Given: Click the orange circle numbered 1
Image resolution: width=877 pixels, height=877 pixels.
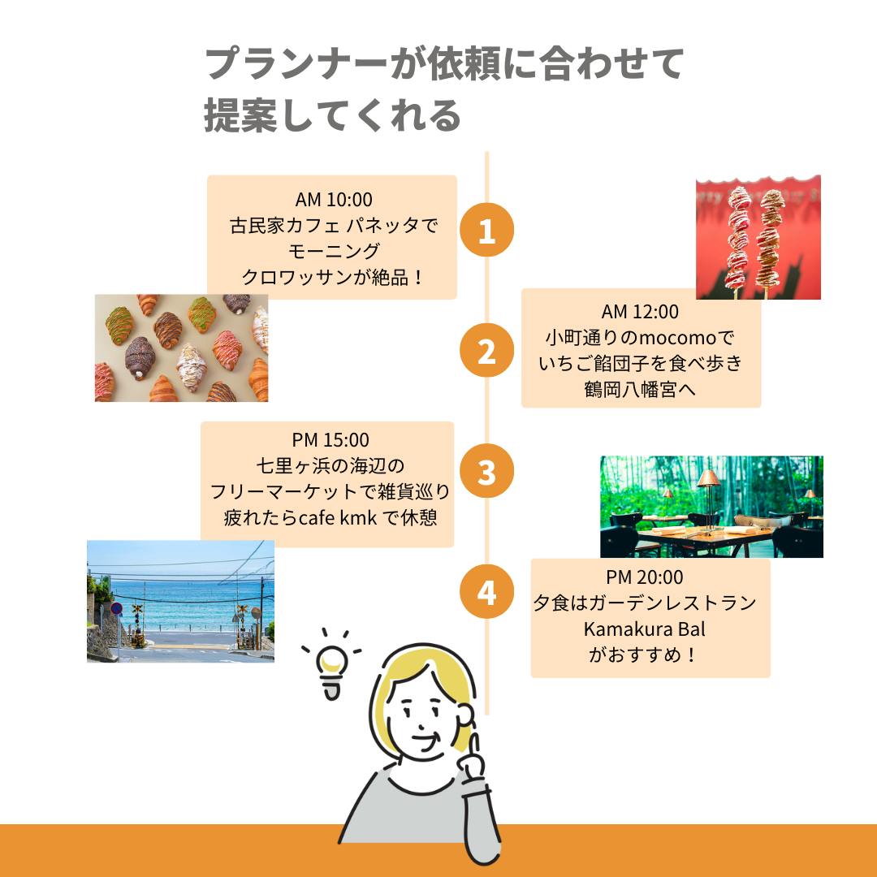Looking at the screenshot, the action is tap(486, 230).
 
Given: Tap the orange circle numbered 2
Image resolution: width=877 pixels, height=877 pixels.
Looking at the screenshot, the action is tap(486, 350).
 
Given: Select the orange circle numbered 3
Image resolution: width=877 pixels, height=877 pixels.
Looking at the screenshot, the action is tap(486, 471).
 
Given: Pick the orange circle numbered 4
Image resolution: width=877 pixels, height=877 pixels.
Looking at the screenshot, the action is tap(486, 592).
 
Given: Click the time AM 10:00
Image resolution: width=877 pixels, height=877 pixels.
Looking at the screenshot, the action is tap(334, 200).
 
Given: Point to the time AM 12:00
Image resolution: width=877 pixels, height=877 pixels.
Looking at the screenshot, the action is tap(640, 312).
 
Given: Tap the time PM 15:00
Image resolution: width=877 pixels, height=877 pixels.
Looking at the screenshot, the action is tap(330, 440).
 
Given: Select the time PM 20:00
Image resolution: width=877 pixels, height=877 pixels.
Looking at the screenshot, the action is tap(644, 577).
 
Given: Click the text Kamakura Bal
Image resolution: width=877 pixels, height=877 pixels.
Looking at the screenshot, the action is tap(644, 629).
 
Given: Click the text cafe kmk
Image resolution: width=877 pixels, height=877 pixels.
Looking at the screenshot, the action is tap(338, 518).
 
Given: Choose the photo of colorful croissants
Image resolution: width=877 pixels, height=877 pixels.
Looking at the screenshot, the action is tap(181, 348).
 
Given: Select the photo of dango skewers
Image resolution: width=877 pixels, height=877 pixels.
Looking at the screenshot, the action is tap(758, 237).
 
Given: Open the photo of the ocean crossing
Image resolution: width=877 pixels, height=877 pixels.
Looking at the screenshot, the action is tap(180, 601).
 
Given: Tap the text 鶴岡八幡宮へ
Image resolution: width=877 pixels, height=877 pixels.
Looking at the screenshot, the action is tap(640, 389).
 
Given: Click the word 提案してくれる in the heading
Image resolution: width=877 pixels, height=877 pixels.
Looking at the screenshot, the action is tap(332, 116).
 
